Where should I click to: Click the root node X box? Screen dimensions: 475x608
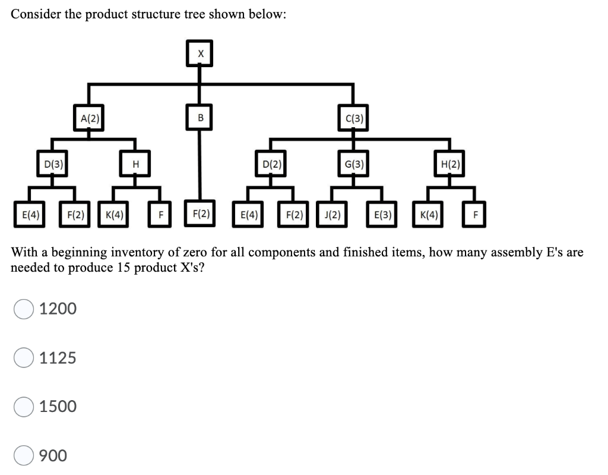pyautogui.click(x=200, y=53)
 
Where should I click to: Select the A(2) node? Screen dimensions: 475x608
pyautogui.click(x=89, y=118)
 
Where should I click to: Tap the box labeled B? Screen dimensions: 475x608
pyautogui.click(x=200, y=118)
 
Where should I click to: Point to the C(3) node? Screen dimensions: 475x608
pyautogui.click(x=354, y=118)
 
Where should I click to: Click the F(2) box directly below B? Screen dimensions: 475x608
pyautogui.click(x=200, y=213)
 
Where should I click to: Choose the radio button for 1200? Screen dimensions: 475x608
pyautogui.click(x=24, y=309)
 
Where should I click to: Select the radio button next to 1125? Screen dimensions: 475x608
pyautogui.click(x=24, y=358)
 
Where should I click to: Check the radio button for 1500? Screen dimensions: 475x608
pyautogui.click(x=24, y=407)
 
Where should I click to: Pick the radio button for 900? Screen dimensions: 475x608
pyautogui.click(x=24, y=455)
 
